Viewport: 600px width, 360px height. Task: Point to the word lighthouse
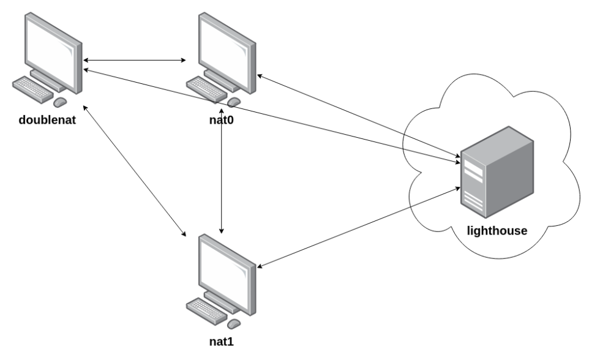coord(497,231)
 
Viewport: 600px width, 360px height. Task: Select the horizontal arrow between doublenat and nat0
coord(135,60)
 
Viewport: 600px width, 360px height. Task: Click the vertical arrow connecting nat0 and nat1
coord(221,178)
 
